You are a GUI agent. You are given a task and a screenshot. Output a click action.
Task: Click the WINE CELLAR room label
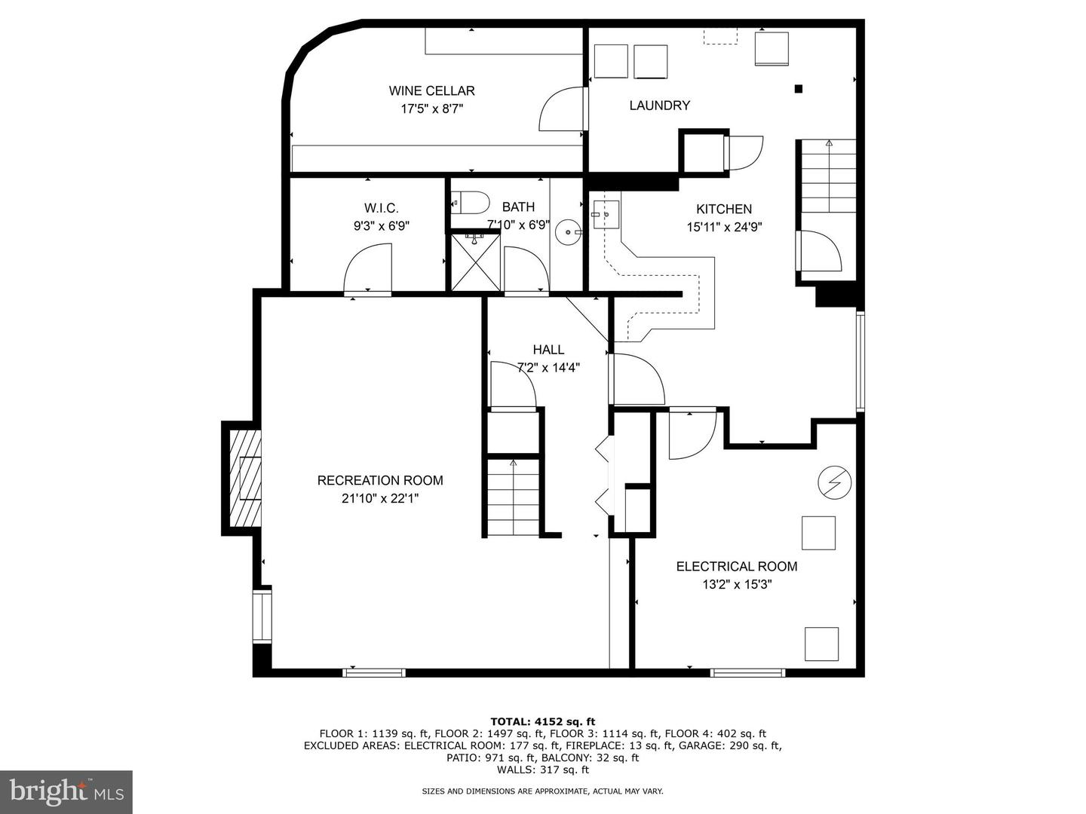[431, 91]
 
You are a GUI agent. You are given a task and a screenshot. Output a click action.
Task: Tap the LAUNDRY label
[659, 106]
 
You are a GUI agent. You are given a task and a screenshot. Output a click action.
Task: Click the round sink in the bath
[568, 231]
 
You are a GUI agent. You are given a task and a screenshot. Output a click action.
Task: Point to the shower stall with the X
[475, 262]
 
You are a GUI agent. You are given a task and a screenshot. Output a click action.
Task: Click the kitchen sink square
[605, 215]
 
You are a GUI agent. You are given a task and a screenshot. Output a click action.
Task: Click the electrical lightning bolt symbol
[835, 482]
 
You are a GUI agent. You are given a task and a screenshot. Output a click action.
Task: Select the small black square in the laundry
[798, 90]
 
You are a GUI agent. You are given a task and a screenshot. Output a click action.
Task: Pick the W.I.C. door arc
[367, 268]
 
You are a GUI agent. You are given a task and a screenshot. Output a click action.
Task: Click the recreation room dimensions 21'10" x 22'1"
[380, 499]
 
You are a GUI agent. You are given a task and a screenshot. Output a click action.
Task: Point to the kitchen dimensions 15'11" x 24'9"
[724, 228]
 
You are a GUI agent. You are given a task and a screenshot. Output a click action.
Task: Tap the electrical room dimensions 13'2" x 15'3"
[737, 585]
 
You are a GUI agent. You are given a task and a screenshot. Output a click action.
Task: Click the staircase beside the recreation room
[513, 497]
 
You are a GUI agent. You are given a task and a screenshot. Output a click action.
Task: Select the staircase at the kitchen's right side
[829, 176]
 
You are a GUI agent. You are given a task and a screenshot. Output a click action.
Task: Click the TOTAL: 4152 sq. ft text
[543, 722]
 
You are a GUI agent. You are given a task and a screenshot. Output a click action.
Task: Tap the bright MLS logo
[66, 792]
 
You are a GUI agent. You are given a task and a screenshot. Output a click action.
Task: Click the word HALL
[549, 350]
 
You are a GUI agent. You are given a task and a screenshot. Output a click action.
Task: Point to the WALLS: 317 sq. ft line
[543, 770]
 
